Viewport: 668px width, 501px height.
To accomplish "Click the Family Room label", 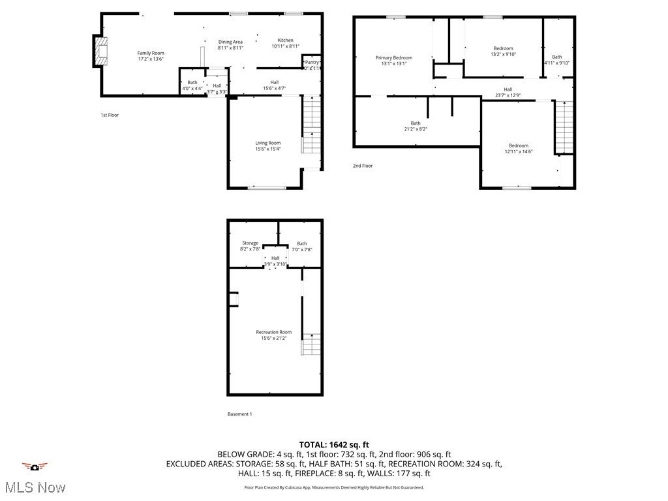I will point(150,53).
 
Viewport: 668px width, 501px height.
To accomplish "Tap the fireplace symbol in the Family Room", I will point(99,51).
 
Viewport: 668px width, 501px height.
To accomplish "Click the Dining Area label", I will point(230,42).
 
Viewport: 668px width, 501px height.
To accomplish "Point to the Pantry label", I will point(312,63).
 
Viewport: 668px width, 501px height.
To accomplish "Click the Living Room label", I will point(267,143).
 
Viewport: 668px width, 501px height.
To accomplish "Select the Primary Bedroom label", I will point(393,57).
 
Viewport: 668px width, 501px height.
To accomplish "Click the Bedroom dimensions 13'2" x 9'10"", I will point(503,55).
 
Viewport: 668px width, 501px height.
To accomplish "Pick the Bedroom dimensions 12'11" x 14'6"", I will point(519,152).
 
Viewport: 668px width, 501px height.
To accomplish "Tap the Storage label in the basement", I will point(250,243).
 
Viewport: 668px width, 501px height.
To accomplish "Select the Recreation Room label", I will point(274,332).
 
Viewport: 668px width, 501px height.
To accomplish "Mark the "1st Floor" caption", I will point(110,115).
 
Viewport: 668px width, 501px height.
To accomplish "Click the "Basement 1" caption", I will point(239,414).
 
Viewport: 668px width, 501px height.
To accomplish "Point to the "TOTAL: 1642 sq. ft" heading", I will point(334,444).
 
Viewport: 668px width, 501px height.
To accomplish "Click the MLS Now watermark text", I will point(35,487).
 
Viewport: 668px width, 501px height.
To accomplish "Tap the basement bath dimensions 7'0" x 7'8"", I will point(302,250).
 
